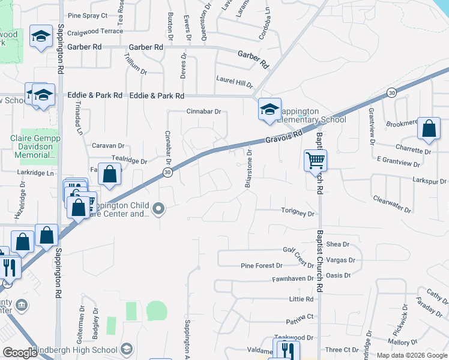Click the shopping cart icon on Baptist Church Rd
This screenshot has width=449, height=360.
pos(315,160)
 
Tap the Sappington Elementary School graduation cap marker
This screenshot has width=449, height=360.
pos(270,109)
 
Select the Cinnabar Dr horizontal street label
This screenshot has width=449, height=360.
pos(203,112)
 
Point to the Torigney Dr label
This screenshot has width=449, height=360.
pos(298,213)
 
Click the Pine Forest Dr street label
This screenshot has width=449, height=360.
pos(261,265)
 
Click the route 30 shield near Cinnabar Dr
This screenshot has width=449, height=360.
pos(167,172)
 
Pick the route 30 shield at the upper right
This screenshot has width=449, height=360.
pos(391,92)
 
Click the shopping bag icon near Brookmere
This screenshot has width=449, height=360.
pos(429,128)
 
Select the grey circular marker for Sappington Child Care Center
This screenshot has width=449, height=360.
pos(158,209)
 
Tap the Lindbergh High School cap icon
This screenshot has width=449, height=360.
pos(127,349)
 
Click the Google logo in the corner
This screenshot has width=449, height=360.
pos(20,353)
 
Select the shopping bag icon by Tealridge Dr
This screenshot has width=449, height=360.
pos(110,175)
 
